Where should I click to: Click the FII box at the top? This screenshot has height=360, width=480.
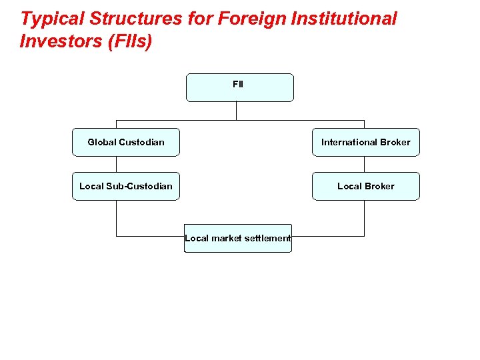(x=239, y=87)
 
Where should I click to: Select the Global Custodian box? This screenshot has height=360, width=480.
(x=126, y=142)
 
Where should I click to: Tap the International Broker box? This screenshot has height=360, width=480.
(x=366, y=142)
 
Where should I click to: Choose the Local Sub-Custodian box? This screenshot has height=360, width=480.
(x=126, y=186)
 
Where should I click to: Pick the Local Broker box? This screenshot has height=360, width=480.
(x=366, y=186)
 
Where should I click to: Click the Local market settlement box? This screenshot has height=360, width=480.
(x=238, y=238)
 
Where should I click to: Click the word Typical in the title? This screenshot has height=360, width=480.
(x=48, y=19)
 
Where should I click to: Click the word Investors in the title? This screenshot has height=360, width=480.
(x=59, y=41)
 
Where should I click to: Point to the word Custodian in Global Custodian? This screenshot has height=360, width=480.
(x=141, y=142)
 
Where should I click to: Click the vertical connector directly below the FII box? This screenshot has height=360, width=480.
(x=237, y=111)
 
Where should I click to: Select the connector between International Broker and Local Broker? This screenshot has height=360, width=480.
(x=365, y=164)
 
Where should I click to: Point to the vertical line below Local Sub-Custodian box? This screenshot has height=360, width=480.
(x=117, y=218)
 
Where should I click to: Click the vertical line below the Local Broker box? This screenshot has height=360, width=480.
(x=365, y=218)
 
